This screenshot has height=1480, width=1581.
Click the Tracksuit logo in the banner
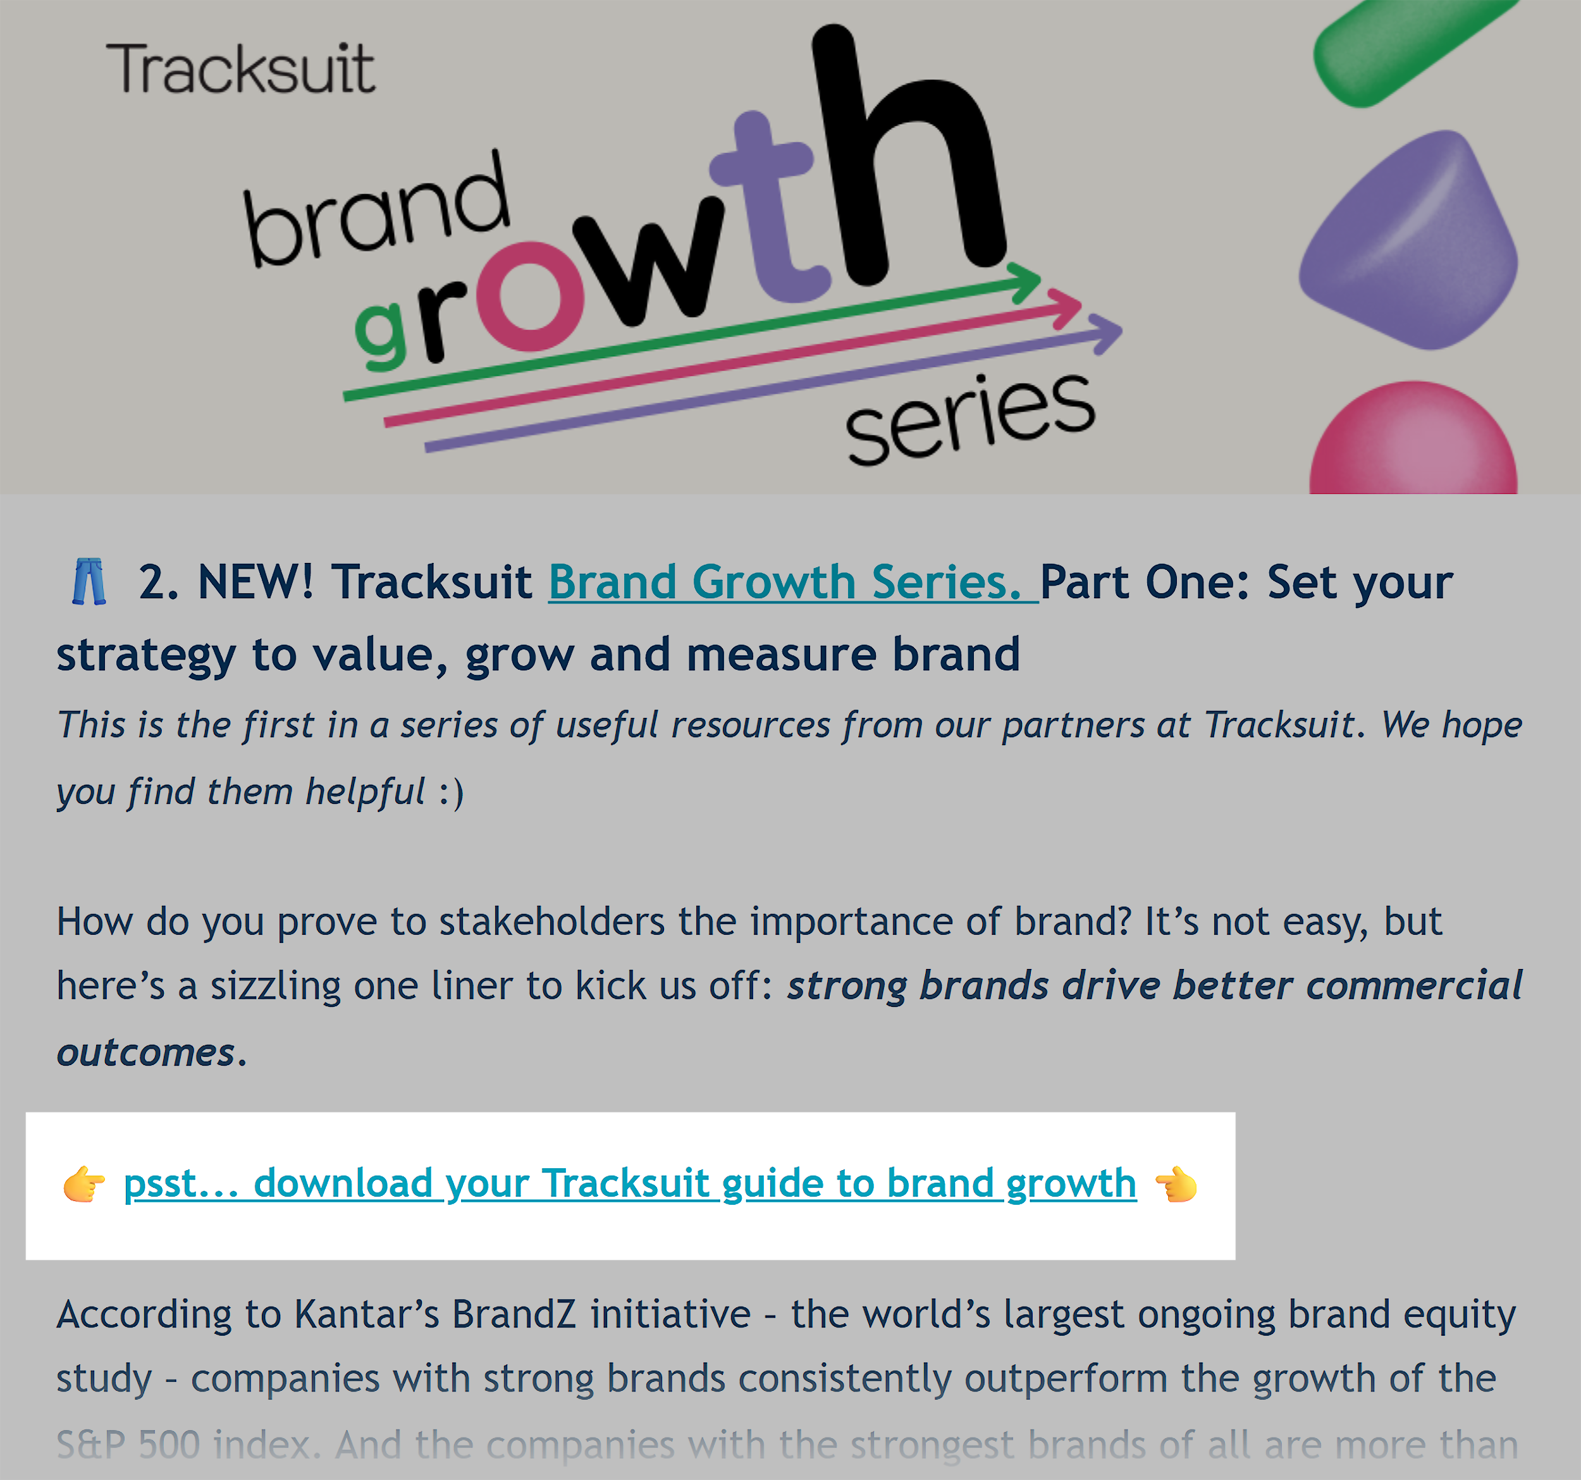(240, 69)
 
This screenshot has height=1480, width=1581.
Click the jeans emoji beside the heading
(89, 581)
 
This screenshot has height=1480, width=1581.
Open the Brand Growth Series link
(793, 582)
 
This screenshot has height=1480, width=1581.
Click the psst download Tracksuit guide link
(630, 1184)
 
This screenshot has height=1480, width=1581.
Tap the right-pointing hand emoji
(84, 1184)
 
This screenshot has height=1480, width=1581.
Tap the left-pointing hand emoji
(1176, 1184)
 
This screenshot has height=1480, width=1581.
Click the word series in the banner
(970, 419)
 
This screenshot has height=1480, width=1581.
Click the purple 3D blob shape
(1408, 240)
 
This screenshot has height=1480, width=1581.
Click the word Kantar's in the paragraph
(366, 1314)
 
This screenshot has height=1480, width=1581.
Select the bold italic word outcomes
(146, 1053)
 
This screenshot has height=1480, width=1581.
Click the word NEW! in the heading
(256, 582)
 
